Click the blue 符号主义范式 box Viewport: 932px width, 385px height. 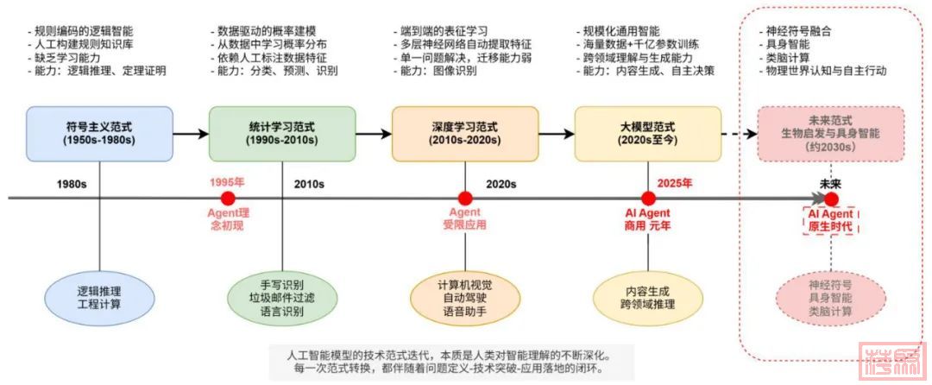(99, 133)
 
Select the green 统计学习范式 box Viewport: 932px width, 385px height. (281, 133)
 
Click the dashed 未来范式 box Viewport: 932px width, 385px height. (830, 133)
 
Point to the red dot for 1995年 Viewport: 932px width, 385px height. (228, 198)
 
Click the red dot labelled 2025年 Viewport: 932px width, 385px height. (648, 198)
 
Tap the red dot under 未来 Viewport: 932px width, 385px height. (831, 198)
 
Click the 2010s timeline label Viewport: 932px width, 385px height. (308, 184)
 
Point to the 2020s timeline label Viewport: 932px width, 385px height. (501, 184)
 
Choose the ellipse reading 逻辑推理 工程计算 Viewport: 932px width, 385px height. (99, 296)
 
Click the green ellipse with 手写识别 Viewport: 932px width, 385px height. (281, 295)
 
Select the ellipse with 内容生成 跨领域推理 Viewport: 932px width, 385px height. (647, 296)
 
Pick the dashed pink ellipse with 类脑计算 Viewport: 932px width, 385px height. (830, 296)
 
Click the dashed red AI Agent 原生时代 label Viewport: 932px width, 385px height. (830, 219)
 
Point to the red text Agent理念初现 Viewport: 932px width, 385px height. (228, 218)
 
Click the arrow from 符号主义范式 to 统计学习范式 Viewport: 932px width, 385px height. (190, 134)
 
